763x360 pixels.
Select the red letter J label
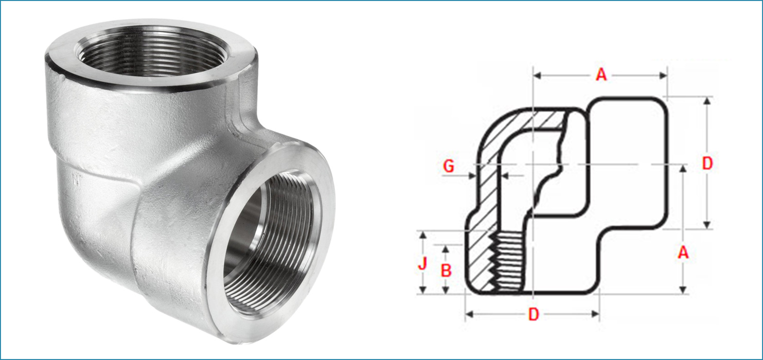click(422, 264)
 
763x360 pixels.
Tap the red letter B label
click(446, 270)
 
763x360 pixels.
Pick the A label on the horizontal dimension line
click(601, 75)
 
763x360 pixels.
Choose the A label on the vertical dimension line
click(683, 252)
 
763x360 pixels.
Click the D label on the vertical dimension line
click(707, 164)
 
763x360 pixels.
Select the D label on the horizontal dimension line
click(533, 315)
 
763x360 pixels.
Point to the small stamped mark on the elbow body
click(78, 181)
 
